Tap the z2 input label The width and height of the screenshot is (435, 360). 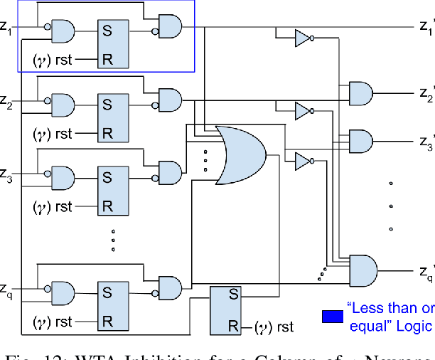pos(6,105)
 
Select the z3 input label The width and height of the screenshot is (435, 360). pos(6,174)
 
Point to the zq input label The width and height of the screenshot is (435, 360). pos(6,289)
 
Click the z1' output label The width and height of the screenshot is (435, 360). pos(425,28)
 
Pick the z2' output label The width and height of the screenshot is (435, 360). pos(425,92)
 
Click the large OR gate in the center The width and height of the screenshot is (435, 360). pos(241,154)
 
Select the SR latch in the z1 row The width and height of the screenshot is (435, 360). pos(113,44)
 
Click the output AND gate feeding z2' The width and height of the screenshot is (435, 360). pos(360,92)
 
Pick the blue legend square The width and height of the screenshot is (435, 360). pos(330,315)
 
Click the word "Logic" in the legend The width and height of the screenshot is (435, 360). pos(412,326)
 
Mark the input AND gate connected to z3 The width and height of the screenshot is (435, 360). pos(61,175)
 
